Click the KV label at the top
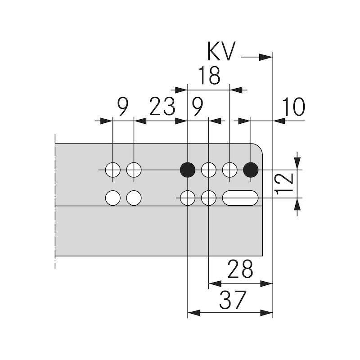[x=221, y=52]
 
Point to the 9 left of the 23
[x=122, y=108]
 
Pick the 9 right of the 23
[x=198, y=108]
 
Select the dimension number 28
[x=240, y=270]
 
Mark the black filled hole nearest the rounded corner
[x=251, y=170]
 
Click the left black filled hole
[x=187, y=170]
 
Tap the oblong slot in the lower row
[x=240, y=198]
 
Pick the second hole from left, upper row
[x=134, y=170]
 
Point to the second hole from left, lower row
[x=134, y=198]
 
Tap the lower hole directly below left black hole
[x=187, y=198]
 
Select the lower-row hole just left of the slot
[x=208, y=198]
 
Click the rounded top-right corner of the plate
[x=258, y=148]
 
